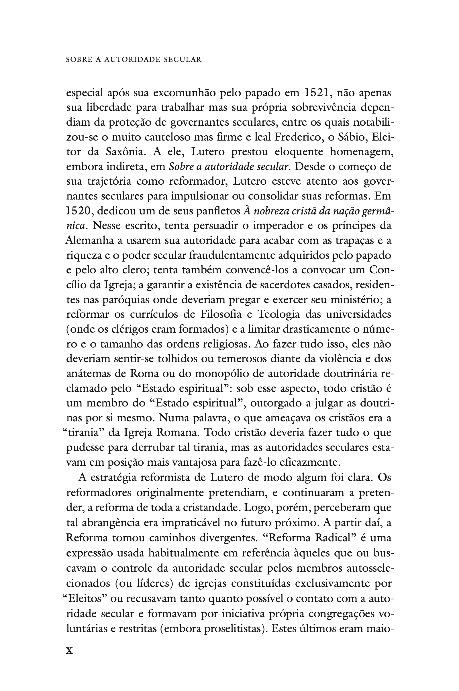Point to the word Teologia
(278, 314)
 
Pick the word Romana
(176, 433)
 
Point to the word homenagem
(361, 152)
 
